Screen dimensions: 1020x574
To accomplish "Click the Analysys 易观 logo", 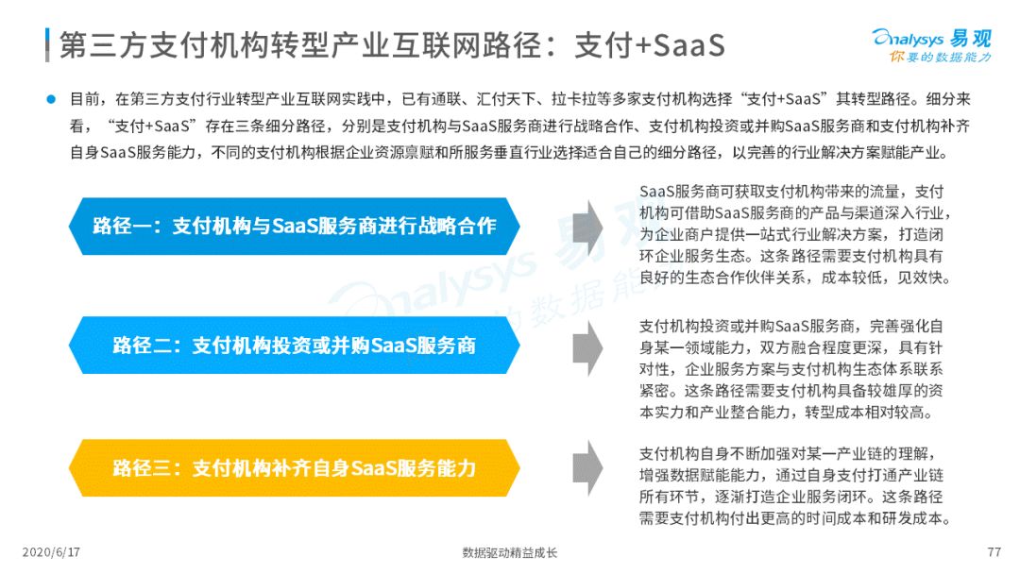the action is pos(931,45).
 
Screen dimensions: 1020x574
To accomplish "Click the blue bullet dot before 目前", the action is pos(51,99).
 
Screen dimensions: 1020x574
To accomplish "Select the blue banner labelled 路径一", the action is pos(294,227).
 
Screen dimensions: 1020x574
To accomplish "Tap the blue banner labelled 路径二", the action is pos(294,346).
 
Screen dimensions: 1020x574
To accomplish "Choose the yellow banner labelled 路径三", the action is pos(294,468).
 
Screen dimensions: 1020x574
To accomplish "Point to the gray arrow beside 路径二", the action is pos(587,347).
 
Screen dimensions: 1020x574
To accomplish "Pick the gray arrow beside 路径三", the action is pos(587,468).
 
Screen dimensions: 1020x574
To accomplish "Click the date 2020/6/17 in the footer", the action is pos(51,552).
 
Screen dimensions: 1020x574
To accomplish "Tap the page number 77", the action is pos(994,552).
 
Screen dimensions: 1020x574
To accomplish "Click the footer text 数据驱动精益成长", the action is pos(510,553).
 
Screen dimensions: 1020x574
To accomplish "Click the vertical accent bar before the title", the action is pos(47,45).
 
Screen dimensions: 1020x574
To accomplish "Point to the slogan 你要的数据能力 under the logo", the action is pos(940,58).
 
